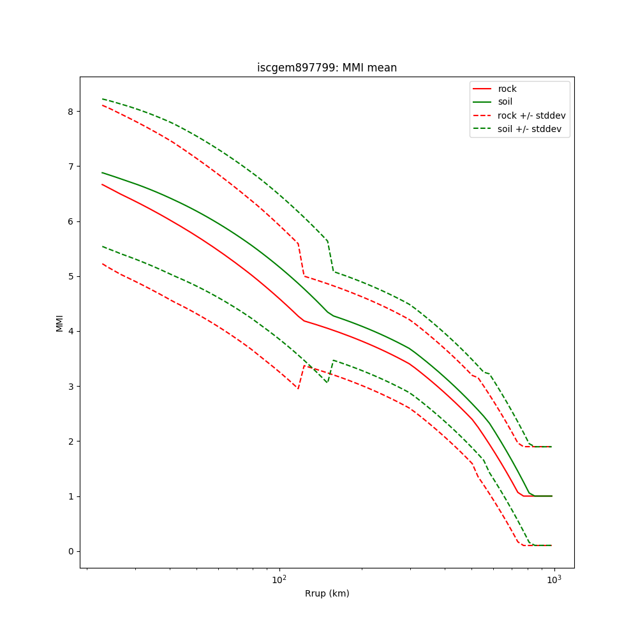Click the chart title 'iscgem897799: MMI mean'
pyautogui.click(x=327, y=68)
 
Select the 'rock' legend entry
pyautogui.click(x=507, y=89)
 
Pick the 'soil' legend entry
pyautogui.click(x=505, y=102)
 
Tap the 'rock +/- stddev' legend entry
pyautogui.click(x=531, y=115)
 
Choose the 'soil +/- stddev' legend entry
pyautogui.click(x=531, y=129)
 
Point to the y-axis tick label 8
pyautogui.click(x=70, y=111)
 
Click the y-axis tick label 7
pyautogui.click(x=70, y=167)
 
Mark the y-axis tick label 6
pyautogui.click(x=70, y=221)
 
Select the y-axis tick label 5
pyautogui.click(x=70, y=276)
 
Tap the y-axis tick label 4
pyautogui.click(x=70, y=331)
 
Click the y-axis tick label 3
pyautogui.click(x=70, y=387)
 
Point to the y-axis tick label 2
pyautogui.click(x=70, y=441)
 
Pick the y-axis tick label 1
pyautogui.click(x=70, y=496)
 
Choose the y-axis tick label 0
pyautogui.click(x=70, y=551)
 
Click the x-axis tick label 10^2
pyautogui.click(x=279, y=579)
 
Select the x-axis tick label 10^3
pyautogui.click(x=554, y=579)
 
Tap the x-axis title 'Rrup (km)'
pyautogui.click(x=327, y=593)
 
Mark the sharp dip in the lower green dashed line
pyautogui.click(x=327, y=382)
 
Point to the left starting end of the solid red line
pyautogui.click(x=102, y=184)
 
